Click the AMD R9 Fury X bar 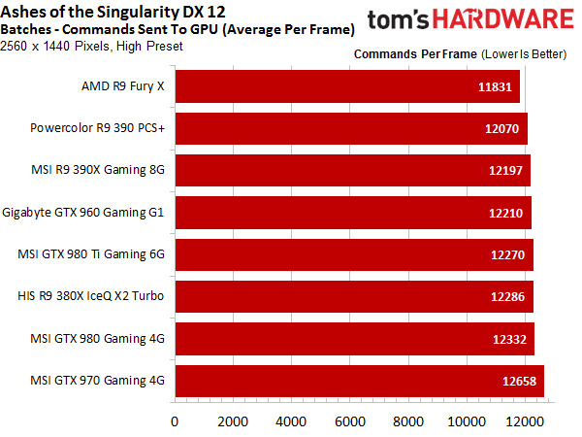[347, 86]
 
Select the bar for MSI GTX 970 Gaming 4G [360, 382]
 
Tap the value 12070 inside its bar [501, 128]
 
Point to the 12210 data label [505, 213]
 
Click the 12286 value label [507, 296]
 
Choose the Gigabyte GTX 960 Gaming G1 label [82, 213]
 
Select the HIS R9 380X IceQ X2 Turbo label [90, 296]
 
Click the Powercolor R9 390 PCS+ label [97, 128]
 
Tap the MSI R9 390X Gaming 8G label [98, 170]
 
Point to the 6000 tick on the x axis [349, 421]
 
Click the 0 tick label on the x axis [175, 421]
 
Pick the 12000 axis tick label [525, 421]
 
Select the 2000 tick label [233, 421]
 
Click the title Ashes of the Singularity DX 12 [113, 12]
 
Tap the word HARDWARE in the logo [503, 19]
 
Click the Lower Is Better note [524, 54]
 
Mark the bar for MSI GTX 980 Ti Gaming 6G [354, 254]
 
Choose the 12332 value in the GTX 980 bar [509, 339]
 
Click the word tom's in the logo [398, 19]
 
